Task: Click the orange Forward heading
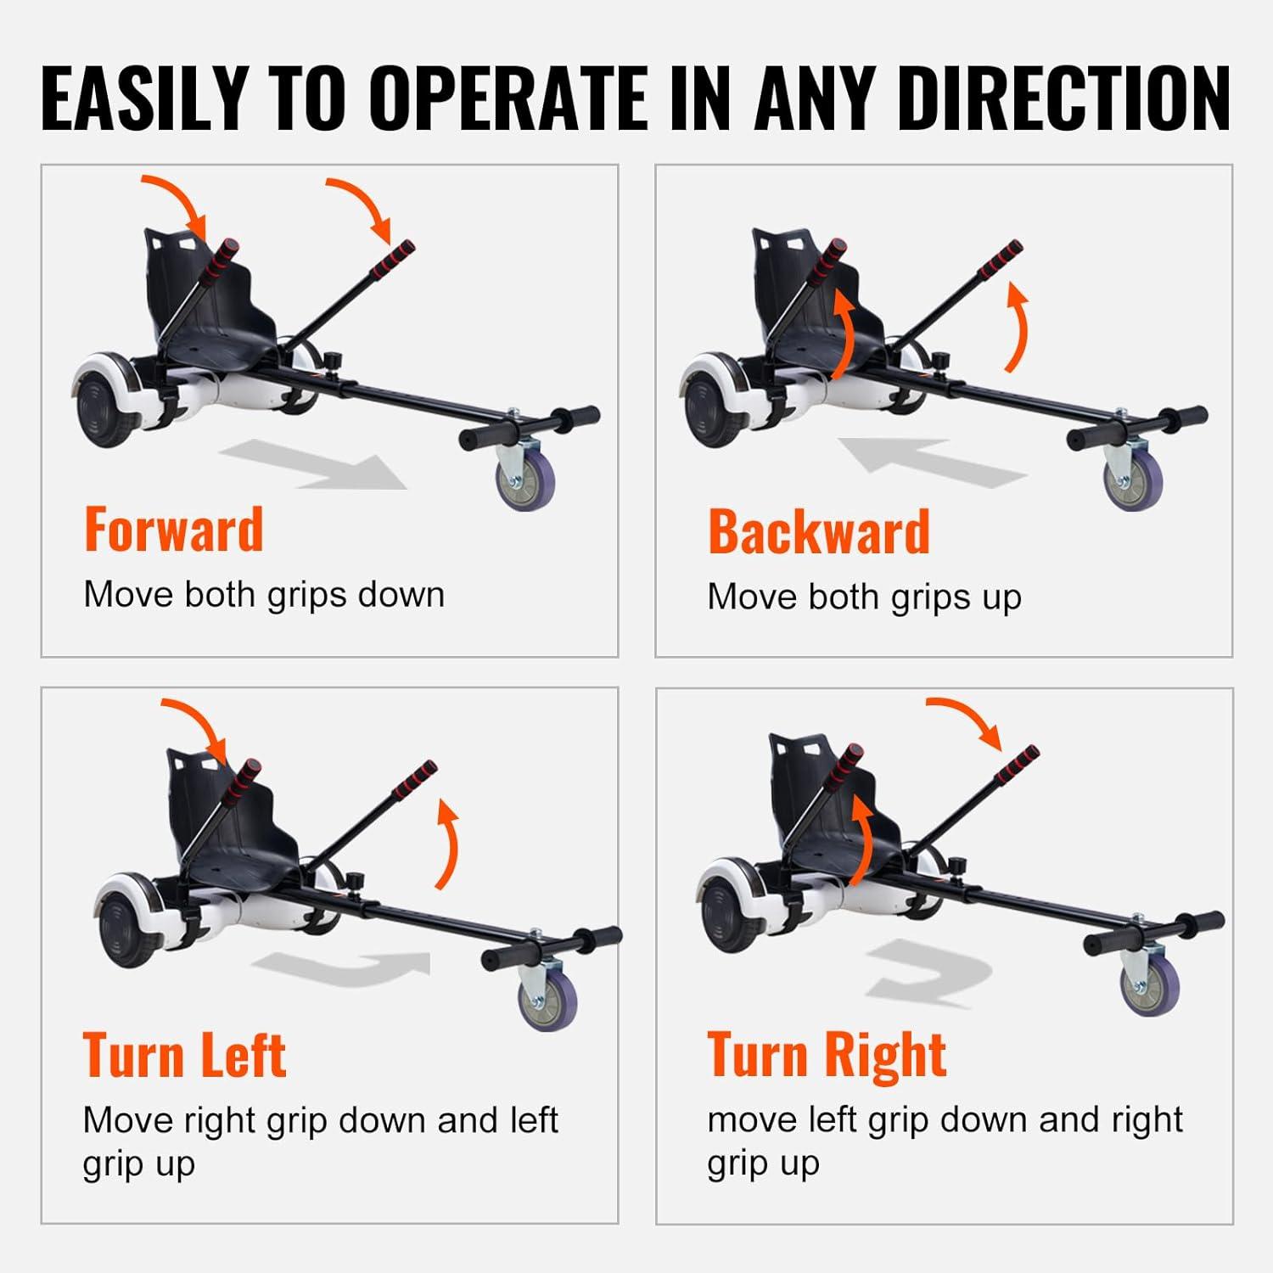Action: click(174, 530)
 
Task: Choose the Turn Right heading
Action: click(827, 1055)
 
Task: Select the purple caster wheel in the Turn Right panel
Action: click(1150, 986)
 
